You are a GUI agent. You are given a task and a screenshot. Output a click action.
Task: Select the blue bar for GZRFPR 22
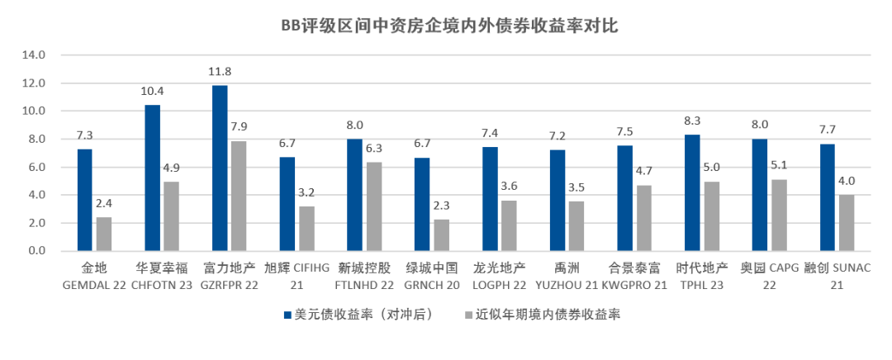pos(220,168)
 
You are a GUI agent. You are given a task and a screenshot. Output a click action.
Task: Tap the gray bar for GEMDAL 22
pos(103,234)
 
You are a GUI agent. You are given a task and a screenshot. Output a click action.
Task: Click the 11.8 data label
pos(220,73)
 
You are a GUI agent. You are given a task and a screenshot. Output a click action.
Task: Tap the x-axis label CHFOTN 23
pos(161,284)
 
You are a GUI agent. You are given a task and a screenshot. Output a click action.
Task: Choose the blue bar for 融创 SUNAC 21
pos(827,197)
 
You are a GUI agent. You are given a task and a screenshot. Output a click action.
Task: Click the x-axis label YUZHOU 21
pos(566,284)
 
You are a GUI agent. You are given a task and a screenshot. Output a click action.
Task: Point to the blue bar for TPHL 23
pos(692,193)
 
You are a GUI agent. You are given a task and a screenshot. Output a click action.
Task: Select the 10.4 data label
pos(153,92)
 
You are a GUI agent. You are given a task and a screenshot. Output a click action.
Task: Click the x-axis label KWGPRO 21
pos(633,284)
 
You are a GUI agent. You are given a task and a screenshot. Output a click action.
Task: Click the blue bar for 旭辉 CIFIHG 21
pos(287,204)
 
